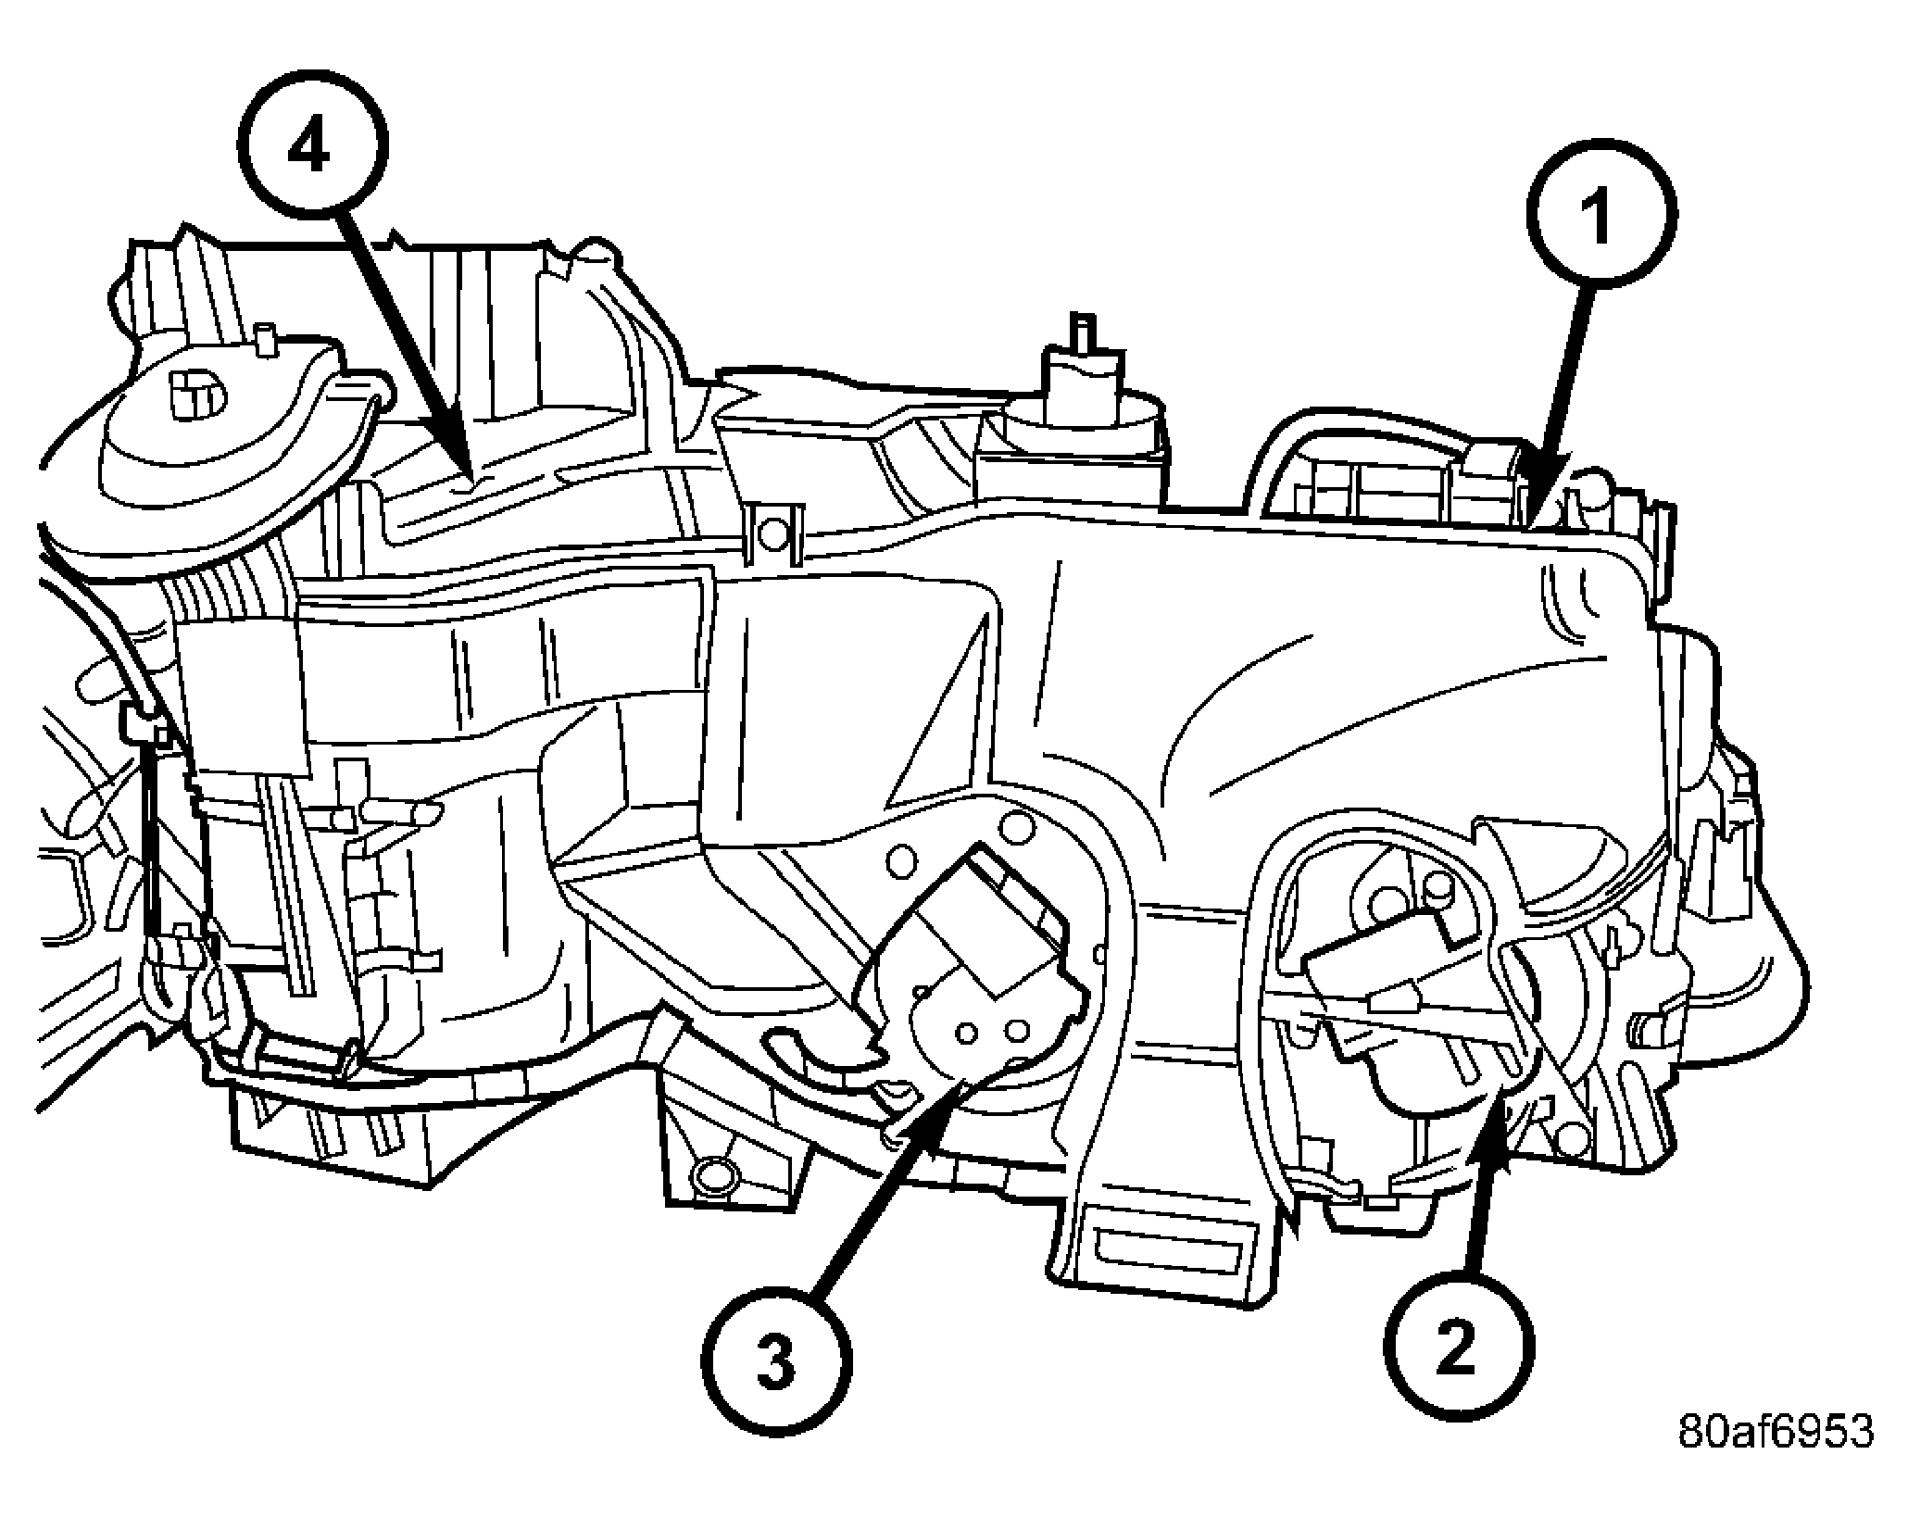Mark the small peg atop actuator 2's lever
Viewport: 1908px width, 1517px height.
[1440, 890]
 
